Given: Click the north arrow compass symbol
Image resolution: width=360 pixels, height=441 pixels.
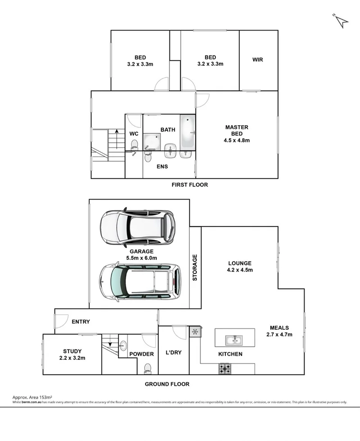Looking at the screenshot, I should (341, 20).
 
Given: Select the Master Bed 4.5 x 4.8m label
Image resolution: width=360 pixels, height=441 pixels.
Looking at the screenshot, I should (237, 134).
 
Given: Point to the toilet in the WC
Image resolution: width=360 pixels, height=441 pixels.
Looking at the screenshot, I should (134, 145).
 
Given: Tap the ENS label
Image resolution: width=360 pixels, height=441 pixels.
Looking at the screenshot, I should (162, 167).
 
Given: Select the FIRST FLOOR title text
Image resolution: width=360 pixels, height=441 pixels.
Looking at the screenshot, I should (190, 185).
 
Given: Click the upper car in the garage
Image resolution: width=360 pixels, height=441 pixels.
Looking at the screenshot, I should (137, 227).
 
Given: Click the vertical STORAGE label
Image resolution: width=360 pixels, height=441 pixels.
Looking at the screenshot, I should (195, 268).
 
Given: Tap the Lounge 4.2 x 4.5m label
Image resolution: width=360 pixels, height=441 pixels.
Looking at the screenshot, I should (239, 267).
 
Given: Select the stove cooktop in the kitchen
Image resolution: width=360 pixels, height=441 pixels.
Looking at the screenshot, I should (224, 369).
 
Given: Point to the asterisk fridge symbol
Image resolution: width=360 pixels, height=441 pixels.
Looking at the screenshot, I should (195, 332).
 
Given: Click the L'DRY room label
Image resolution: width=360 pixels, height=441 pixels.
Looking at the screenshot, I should (173, 353).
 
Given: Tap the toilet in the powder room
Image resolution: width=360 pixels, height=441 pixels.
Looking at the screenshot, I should (146, 368).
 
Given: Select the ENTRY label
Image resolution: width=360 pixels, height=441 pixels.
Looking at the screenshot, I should (81, 322).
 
